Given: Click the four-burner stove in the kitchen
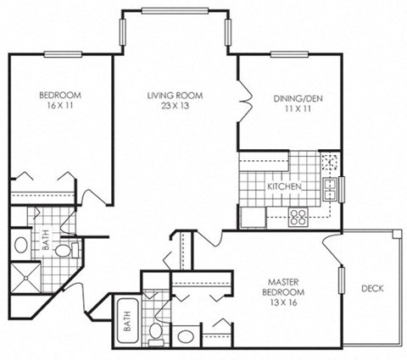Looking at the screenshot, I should point(298,218).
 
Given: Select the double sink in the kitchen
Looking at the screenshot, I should point(331,187).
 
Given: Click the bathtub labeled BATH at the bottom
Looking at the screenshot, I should point(128,321).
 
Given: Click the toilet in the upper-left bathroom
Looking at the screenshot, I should point(67,251).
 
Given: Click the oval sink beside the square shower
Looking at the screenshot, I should point(21,246).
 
